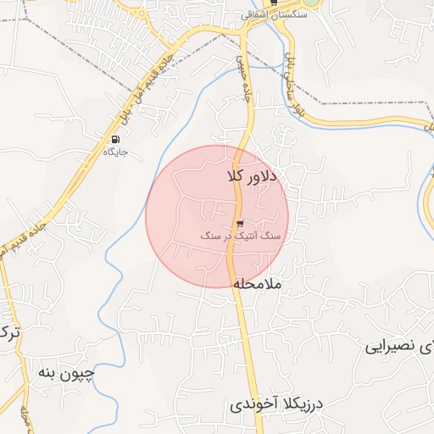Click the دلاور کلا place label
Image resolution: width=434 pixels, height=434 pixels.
pyautogui.click(x=252, y=176)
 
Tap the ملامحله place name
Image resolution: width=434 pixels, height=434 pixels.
pyautogui.click(x=260, y=282)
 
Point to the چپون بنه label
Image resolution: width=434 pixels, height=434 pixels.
pyautogui.click(x=66, y=372)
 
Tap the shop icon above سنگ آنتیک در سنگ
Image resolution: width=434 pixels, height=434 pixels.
pyautogui.click(x=228, y=224)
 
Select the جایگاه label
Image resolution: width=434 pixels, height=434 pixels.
pyautogui.click(x=115, y=153)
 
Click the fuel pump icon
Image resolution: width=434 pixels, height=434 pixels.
pyautogui.click(x=115, y=140)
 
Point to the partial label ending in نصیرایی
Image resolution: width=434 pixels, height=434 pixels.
pyautogui.click(x=399, y=348)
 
